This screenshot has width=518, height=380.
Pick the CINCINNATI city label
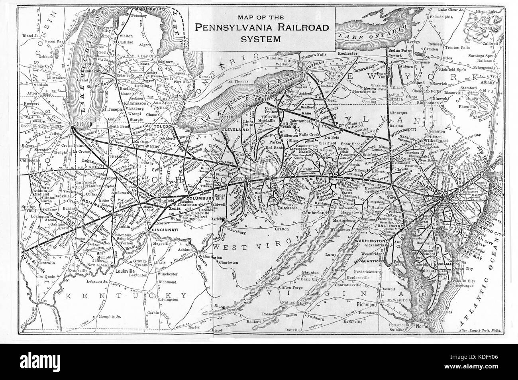163,230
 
